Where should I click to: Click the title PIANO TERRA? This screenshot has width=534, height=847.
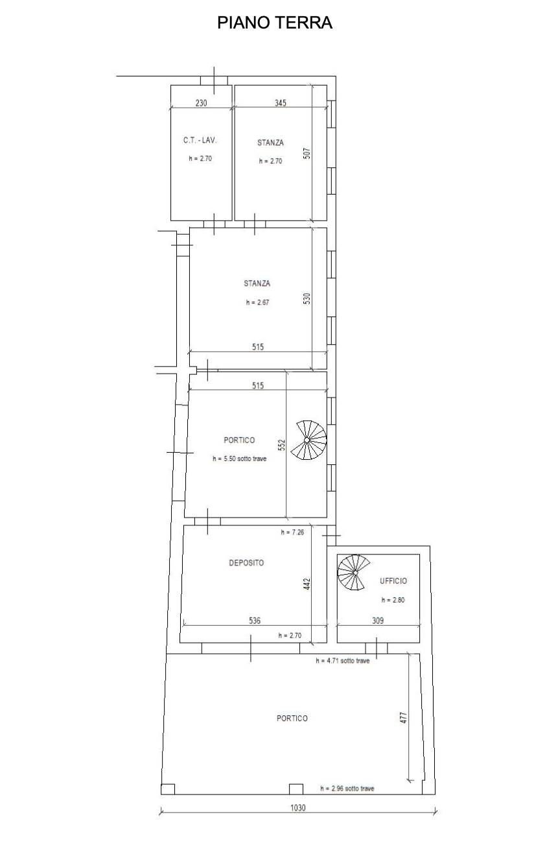275,23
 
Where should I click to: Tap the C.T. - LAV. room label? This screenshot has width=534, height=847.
200,140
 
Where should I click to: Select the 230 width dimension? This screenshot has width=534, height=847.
201,103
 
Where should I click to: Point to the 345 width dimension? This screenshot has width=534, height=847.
281,103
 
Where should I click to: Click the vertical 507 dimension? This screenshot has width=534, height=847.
307,153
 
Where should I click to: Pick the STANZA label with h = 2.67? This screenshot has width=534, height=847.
257,283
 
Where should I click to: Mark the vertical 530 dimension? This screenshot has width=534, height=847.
307,298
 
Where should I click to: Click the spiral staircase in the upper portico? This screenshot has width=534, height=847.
308,440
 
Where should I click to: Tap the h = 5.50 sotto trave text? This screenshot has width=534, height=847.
240,459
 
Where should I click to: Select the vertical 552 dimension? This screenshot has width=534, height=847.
281,445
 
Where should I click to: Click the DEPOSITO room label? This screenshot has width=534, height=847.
246,563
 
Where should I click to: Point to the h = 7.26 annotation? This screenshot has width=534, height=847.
292,532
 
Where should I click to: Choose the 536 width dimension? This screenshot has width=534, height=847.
255,621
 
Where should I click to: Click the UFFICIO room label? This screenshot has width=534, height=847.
393,581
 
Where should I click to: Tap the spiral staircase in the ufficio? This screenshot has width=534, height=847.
354,573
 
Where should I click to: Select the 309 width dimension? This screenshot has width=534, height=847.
378,621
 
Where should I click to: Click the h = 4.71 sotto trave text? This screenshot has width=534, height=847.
343,661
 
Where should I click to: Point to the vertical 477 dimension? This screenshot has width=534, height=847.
404,718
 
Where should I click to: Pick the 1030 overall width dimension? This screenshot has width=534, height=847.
298,807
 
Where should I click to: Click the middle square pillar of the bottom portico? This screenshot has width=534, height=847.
296,789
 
